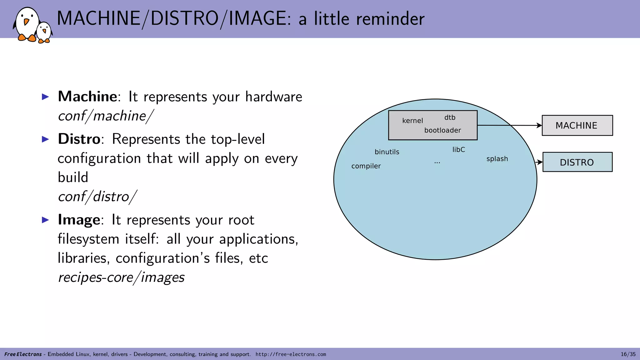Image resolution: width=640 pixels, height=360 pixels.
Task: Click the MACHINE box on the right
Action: (x=577, y=125)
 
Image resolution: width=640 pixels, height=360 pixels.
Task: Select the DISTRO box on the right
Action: (x=577, y=162)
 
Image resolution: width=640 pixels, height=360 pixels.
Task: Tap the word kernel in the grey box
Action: (x=412, y=121)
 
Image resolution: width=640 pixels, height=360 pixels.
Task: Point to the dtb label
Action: (x=450, y=117)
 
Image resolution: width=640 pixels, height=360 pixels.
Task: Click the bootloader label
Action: (x=442, y=130)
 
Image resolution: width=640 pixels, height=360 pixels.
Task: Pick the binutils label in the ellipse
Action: (x=387, y=152)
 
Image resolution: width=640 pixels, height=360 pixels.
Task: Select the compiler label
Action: (x=366, y=166)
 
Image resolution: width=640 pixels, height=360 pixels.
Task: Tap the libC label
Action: (x=458, y=150)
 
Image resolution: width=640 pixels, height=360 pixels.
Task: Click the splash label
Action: (x=497, y=159)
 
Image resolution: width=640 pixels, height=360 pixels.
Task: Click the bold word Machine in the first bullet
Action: (x=87, y=97)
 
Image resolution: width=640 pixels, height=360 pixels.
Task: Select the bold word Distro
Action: (x=79, y=139)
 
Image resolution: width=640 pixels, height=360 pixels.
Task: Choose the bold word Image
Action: (x=79, y=220)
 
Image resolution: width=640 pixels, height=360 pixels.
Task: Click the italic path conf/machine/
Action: (x=106, y=116)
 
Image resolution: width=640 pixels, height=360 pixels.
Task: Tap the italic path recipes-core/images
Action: (x=121, y=277)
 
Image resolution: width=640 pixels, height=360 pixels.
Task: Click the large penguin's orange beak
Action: (x=26, y=22)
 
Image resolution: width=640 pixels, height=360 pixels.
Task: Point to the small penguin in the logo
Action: (x=44, y=32)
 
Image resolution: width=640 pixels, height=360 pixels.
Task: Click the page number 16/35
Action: (x=628, y=354)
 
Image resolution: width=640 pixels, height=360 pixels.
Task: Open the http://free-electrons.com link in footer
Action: (x=291, y=354)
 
